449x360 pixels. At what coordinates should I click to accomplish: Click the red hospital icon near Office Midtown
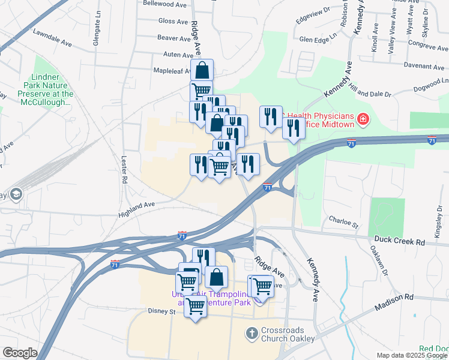[x=362, y=120]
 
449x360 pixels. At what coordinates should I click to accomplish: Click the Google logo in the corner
[x=20, y=353]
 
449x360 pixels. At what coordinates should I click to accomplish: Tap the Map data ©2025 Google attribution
[x=412, y=355]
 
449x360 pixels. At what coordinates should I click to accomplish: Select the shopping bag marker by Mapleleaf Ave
[x=202, y=70]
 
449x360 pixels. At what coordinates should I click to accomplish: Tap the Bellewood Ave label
[x=165, y=4]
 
